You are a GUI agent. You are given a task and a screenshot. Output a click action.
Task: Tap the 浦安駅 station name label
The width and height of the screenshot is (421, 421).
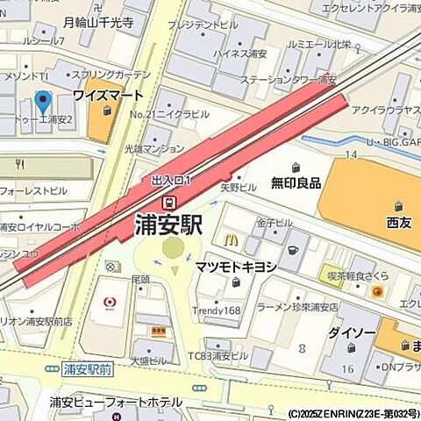(x=168, y=225)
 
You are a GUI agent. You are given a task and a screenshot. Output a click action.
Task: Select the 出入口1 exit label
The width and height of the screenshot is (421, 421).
(x=171, y=181)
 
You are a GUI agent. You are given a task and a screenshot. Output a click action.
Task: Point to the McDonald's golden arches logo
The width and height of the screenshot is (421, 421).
(x=230, y=238)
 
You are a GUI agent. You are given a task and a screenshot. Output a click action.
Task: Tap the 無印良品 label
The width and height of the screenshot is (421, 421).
(x=296, y=183)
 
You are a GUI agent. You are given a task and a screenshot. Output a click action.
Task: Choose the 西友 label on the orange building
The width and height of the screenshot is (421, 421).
(x=397, y=223)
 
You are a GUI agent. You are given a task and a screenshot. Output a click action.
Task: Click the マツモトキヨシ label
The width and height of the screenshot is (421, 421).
(x=236, y=267)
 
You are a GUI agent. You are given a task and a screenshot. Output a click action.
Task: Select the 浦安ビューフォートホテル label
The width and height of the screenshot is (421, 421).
(x=116, y=402)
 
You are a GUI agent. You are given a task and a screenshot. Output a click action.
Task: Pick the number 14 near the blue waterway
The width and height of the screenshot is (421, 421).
(x=351, y=154)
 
